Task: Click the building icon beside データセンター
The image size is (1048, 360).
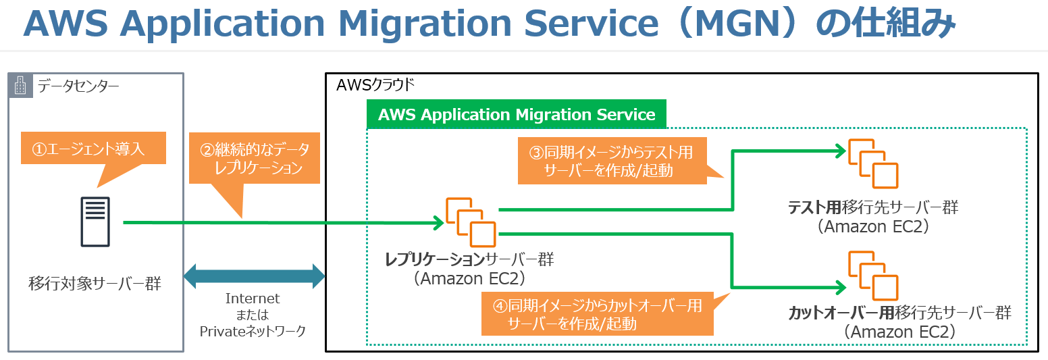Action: pos(21,86)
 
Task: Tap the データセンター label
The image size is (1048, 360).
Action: pos(78,86)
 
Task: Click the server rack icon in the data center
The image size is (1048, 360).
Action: pos(95,222)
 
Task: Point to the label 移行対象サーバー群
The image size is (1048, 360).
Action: pos(95,283)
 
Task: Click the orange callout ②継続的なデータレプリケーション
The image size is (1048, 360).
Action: pos(254,159)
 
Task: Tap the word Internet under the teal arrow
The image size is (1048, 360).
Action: pos(253,299)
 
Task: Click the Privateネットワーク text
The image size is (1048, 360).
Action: pos(253,331)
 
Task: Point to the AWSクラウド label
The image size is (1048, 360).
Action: pos(375,86)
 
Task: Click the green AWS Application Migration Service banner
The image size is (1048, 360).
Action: pos(517,115)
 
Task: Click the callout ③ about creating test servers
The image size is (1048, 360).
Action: pos(612,161)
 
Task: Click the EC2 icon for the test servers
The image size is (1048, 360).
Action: pos(872,164)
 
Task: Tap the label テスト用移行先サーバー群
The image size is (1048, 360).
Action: pos(872,207)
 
